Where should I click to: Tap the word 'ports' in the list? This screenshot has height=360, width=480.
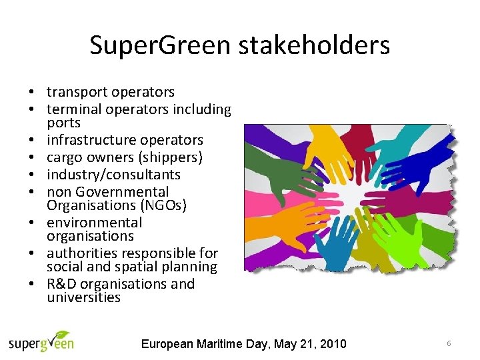point(63,123)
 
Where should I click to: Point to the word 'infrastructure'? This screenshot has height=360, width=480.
point(85,140)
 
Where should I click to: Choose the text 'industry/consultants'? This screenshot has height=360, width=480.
point(113,175)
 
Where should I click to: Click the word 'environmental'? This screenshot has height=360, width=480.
point(94,223)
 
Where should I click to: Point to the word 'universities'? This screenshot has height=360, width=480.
point(83,297)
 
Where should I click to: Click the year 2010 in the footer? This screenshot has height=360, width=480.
point(332,344)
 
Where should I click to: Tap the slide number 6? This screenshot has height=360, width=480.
point(449,343)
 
